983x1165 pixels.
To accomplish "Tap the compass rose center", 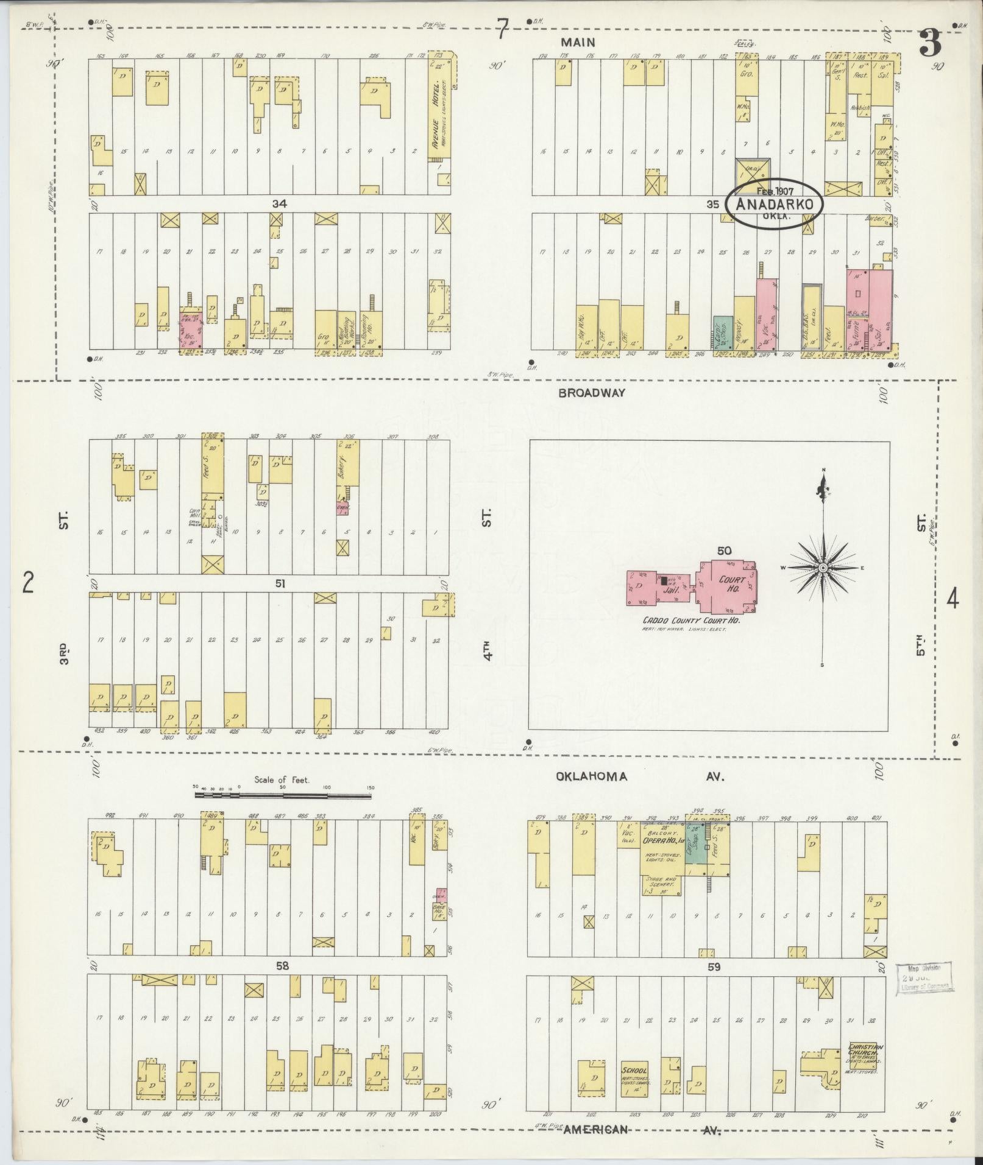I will tap(823, 568).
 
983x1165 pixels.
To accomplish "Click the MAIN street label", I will tap(579, 42).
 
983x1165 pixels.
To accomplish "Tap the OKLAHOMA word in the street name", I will tap(591, 776).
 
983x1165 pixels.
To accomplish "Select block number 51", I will tap(280, 583).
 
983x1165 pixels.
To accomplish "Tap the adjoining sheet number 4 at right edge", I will tap(952, 599).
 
